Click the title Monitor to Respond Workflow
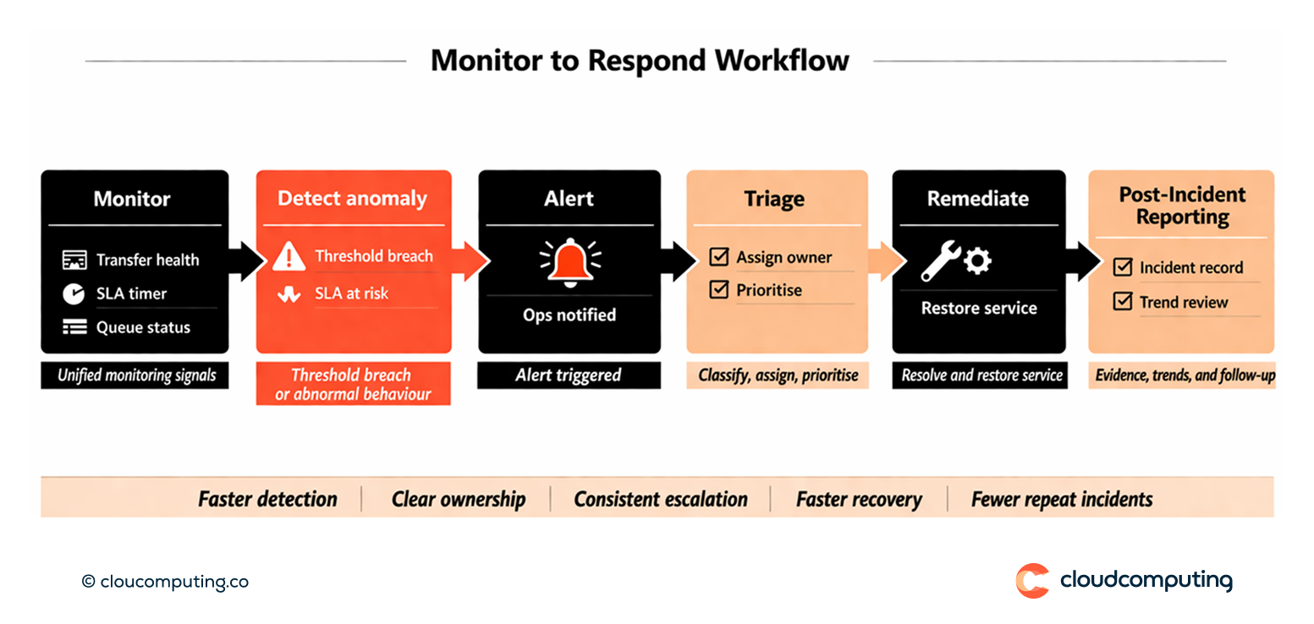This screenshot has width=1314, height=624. (x=640, y=61)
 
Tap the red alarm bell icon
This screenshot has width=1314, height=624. (x=569, y=261)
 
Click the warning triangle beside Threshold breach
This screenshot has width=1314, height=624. (x=289, y=257)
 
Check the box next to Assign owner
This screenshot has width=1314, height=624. (x=719, y=257)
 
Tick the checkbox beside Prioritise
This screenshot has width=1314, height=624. (x=719, y=290)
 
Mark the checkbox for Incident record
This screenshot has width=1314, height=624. (x=1123, y=267)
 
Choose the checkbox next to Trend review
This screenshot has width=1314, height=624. (x=1123, y=301)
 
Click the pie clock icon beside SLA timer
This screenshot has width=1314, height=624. (x=74, y=294)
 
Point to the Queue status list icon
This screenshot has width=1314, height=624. (x=74, y=327)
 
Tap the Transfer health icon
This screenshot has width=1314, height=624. (x=74, y=260)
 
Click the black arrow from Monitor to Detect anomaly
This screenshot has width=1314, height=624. (x=245, y=261)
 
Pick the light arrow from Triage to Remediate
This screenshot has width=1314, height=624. (x=882, y=261)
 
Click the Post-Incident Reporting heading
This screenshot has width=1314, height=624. (x=1182, y=205)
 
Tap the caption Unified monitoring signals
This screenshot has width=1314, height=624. (x=135, y=375)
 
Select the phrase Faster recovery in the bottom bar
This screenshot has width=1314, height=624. (x=858, y=500)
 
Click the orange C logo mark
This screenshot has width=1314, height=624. (x=1031, y=581)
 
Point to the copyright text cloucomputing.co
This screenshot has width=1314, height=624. (x=165, y=582)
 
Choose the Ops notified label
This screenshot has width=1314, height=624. (x=569, y=315)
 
